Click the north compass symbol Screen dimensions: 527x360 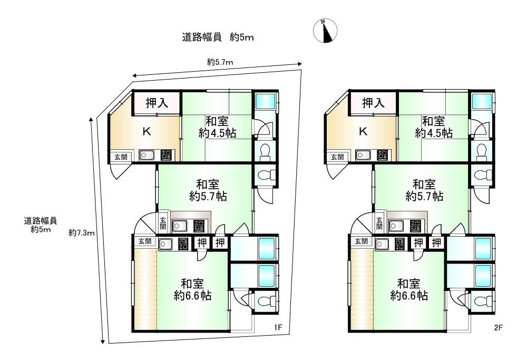pos(325,31)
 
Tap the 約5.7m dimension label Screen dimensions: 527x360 pos(220,62)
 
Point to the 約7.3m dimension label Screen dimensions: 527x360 pos(81,232)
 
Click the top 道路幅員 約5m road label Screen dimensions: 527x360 pos(218,37)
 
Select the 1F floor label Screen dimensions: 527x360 pos(278,327)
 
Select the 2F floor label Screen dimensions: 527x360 pos(498,327)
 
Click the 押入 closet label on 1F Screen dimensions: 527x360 pos(157,103)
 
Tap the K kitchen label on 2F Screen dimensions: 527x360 pos(363,131)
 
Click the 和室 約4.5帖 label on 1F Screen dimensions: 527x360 pos(217,127)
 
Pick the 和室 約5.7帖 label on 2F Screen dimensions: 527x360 pos(424,190)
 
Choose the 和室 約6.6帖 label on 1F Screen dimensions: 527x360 pos(192,289)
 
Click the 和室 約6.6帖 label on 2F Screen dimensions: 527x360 pos(409,289)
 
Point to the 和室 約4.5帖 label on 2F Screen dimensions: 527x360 pos(434,127)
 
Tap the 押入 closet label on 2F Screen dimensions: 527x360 pos(374,103)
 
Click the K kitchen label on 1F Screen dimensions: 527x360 pos(147,131)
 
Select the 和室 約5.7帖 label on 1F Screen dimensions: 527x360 pos(208,190)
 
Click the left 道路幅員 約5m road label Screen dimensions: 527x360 pos(41,225)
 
